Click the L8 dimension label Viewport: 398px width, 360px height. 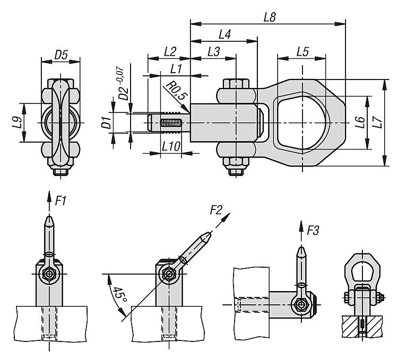(269, 16)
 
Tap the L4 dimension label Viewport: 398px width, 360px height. (224, 34)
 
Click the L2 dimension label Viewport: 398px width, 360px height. (170, 51)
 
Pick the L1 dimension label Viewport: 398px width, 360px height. (176, 69)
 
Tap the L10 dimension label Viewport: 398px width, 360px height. (170, 145)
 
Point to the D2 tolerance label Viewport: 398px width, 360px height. (124, 85)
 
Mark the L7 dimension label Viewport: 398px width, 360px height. (376, 122)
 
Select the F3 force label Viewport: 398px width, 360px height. (313, 231)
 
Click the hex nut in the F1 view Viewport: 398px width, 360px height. (49, 274)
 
